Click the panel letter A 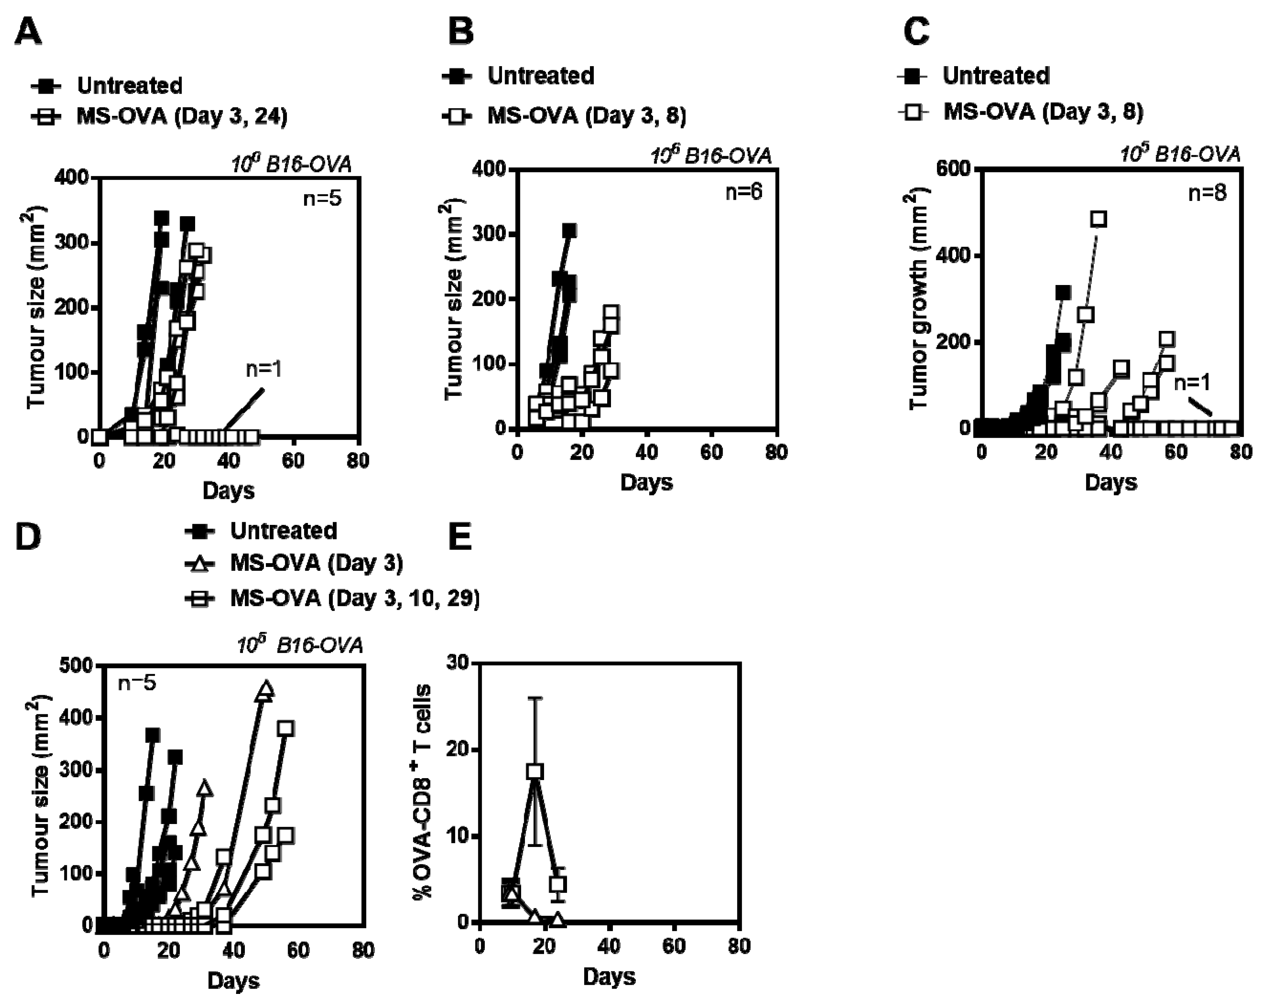click(28, 32)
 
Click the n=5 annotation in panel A click(322, 199)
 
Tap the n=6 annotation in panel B click(744, 191)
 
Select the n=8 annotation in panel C click(1207, 192)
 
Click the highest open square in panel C click(1098, 219)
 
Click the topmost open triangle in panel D click(265, 689)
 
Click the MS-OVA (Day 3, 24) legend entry click(182, 116)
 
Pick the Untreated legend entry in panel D click(283, 531)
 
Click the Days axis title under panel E click(609, 977)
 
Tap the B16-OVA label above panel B click(712, 156)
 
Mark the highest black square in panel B click(569, 230)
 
